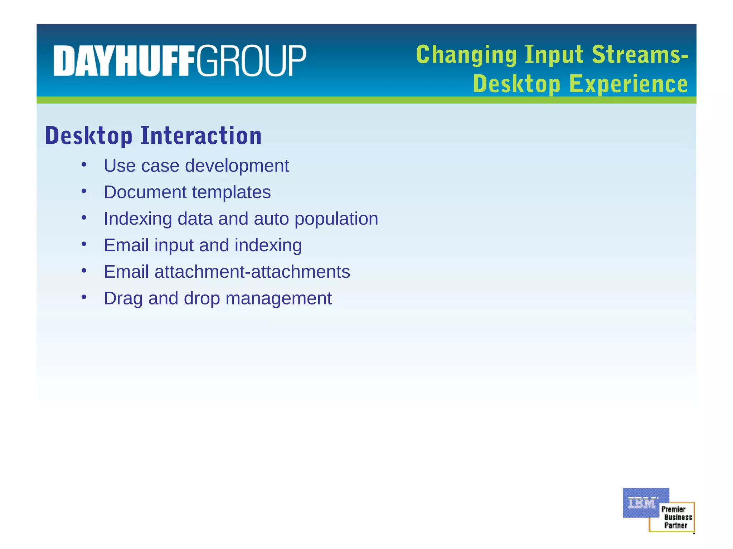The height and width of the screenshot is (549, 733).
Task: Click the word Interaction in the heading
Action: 201,136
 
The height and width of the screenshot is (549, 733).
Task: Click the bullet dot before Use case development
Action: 84,165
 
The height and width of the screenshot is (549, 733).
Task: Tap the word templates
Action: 232,192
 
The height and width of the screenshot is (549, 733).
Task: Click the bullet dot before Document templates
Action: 84,191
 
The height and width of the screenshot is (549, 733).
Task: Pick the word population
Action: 336,219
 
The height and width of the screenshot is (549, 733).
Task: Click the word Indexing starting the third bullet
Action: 138,219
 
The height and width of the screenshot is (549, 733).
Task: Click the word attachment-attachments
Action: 252,272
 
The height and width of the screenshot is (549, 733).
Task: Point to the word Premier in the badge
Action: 673,509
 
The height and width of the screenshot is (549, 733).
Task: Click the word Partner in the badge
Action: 676,525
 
